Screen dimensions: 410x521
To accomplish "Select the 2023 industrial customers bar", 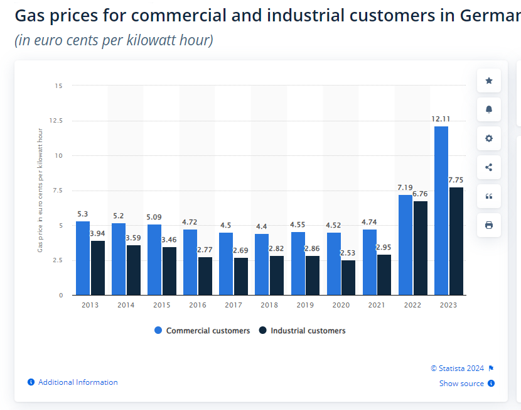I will [x=456, y=241].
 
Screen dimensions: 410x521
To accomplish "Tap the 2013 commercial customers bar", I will [x=83, y=258].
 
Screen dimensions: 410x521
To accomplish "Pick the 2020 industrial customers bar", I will [x=348, y=277].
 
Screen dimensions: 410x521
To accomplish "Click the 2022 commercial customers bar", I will [x=406, y=245].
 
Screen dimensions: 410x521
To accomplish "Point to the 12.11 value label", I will [x=441, y=119].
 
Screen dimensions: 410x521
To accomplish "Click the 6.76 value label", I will [x=420, y=194].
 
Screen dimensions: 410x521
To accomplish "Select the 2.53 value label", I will [x=348, y=253].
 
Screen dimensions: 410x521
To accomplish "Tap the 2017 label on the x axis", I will [x=234, y=305].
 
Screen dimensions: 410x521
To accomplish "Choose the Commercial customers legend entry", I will [x=202, y=331].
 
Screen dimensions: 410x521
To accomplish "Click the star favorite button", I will [x=489, y=80].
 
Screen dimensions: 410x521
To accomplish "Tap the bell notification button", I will [x=489, y=109].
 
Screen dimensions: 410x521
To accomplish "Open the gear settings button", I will [x=489, y=138].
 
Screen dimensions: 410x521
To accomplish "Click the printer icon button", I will [x=489, y=225].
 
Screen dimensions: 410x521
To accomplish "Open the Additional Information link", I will [x=77, y=382].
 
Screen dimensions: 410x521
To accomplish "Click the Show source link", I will [x=461, y=384].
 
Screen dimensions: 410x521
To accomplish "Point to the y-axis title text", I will [x=40, y=190].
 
